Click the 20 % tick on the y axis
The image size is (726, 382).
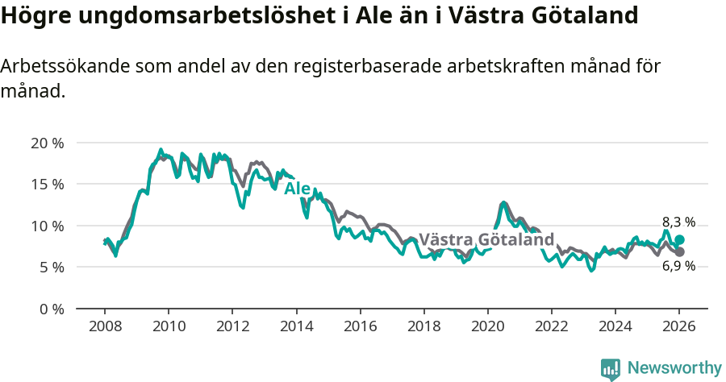(x=47, y=143)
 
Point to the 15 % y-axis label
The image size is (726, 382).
(x=47, y=185)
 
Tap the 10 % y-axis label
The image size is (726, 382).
(x=47, y=226)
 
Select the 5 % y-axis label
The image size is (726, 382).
(x=51, y=267)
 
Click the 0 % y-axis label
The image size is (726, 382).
(x=51, y=309)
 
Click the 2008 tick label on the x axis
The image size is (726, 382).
(x=105, y=327)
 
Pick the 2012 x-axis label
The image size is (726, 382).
(x=232, y=327)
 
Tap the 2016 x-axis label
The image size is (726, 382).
(x=360, y=327)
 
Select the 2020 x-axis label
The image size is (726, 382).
(x=487, y=327)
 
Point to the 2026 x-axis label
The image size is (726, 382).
(x=679, y=327)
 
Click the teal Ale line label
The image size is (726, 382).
(x=297, y=189)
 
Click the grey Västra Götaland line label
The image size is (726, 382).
(x=486, y=239)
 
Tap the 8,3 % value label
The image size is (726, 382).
(x=678, y=222)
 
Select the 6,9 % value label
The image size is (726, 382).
(x=678, y=266)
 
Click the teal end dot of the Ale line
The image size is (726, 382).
(x=680, y=240)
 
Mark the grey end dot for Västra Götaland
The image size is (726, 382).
(x=680, y=252)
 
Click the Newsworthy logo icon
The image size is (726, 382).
(x=611, y=369)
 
